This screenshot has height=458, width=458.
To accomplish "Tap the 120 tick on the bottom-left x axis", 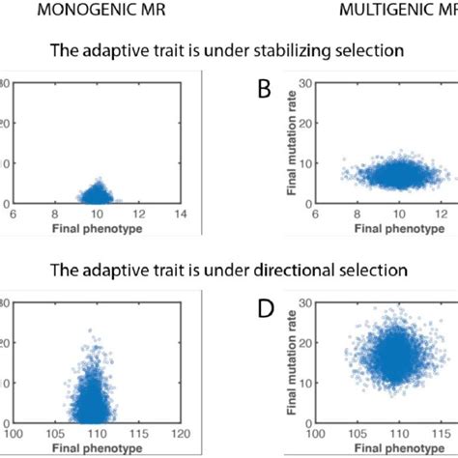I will tap(180, 432).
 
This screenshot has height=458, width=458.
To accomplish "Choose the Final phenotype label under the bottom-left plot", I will tap(96, 445).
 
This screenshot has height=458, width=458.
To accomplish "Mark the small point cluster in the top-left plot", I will tap(97, 194).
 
